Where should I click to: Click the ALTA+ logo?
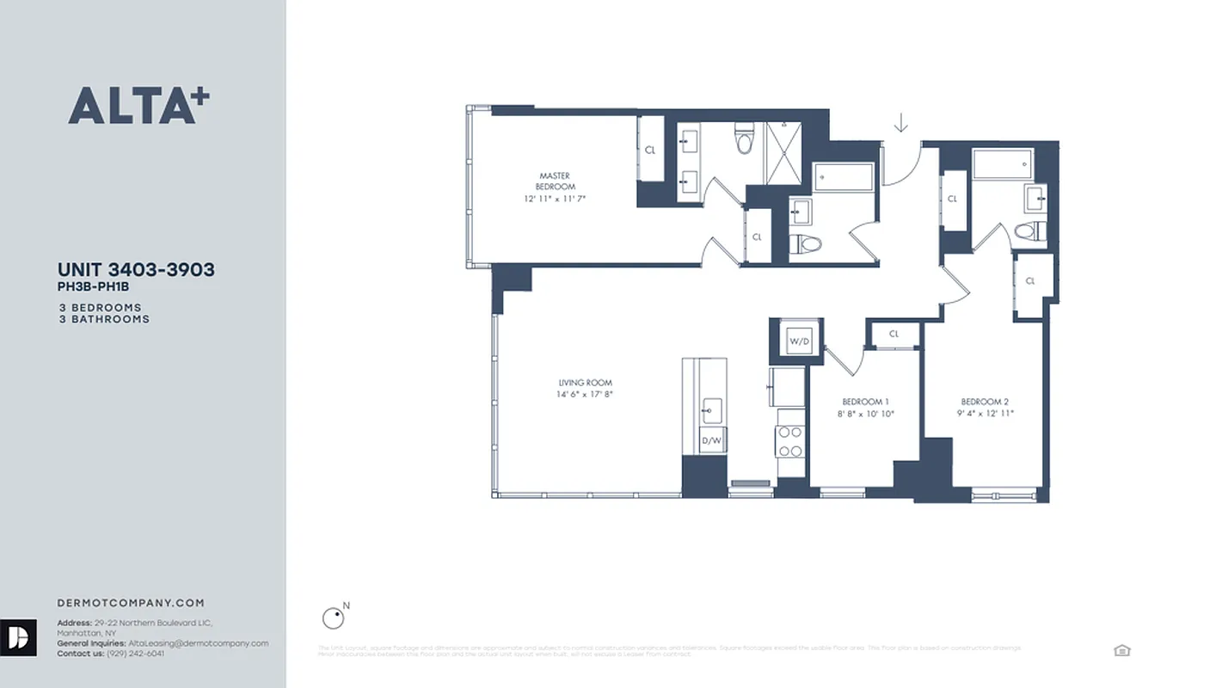(x=138, y=106)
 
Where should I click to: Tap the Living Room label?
(x=585, y=389)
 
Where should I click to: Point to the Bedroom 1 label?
(x=865, y=407)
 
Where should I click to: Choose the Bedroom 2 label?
(x=985, y=407)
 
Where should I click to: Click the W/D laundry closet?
(x=799, y=341)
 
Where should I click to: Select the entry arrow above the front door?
(x=900, y=124)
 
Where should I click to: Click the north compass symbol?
(x=333, y=617)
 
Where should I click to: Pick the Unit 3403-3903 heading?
(x=136, y=269)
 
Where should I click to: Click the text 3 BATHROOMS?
(x=104, y=319)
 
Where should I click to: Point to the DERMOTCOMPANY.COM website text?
(x=131, y=603)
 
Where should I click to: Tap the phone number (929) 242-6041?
(x=135, y=654)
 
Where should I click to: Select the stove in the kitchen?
(x=790, y=441)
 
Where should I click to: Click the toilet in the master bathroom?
(x=746, y=139)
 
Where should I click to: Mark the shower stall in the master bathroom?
(x=783, y=153)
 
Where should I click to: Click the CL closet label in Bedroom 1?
(x=893, y=334)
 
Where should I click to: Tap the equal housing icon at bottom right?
(x=1121, y=650)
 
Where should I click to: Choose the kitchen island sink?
(x=711, y=408)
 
